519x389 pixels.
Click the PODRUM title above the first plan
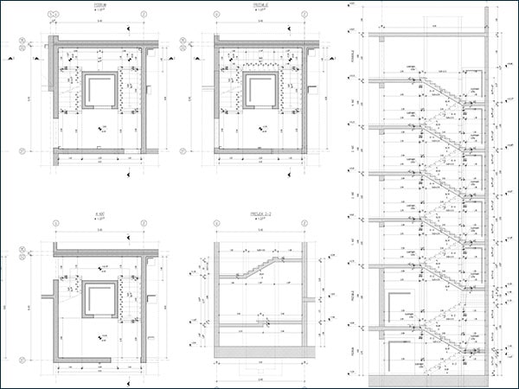[100, 5]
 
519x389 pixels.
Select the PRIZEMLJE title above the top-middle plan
[258, 5]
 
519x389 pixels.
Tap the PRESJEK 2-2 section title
[257, 211]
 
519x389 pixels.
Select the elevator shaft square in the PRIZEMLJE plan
[259, 90]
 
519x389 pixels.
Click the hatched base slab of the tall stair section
[428, 379]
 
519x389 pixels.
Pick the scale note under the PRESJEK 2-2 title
[257, 217]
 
